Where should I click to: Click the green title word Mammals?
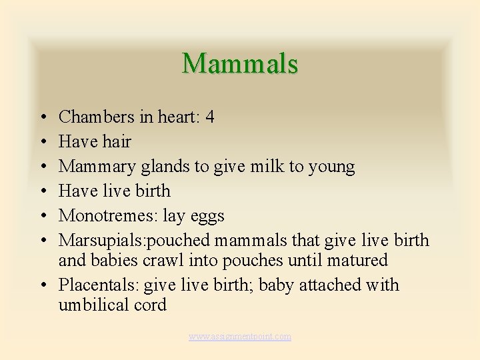[240, 63]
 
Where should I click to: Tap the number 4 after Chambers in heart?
[210, 117]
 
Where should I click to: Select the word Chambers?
[97, 117]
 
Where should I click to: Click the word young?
[332, 167]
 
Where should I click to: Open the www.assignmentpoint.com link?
[240, 337]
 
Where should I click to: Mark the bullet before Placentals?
[41, 285]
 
